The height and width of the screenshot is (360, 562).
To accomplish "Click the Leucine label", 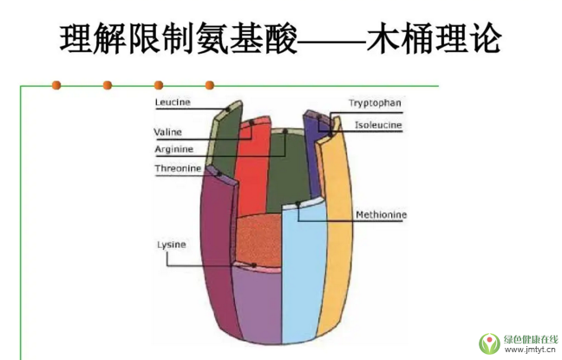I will pos(173,102).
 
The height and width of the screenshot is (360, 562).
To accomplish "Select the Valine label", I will pos(167,132).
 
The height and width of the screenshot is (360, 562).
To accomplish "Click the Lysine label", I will pos(171,245).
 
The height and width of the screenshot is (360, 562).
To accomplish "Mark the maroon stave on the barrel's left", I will pos(217,252).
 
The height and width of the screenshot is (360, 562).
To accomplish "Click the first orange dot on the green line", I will pos(56,85).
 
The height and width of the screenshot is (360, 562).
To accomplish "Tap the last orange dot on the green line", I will pos(209,85).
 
